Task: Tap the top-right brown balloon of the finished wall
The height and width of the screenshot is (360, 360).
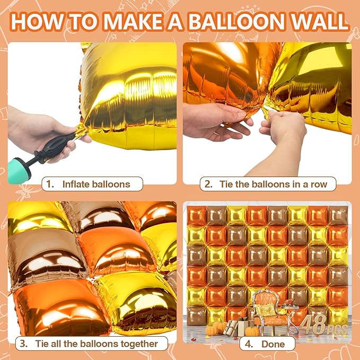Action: pos(338,215)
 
